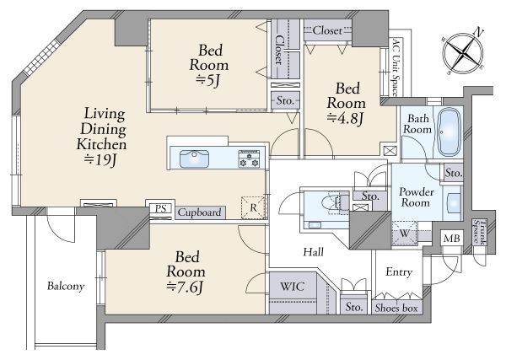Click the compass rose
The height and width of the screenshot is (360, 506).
[463, 51]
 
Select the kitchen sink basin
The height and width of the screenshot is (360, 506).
[194, 159]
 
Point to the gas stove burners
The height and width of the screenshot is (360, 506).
[249, 159]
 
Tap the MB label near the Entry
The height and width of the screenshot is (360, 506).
[451, 239]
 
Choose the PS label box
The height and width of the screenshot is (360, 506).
[160, 208]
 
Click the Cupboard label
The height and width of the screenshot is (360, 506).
[199, 212]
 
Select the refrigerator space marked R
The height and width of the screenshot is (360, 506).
[253, 207]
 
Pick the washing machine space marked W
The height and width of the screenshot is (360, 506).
[405, 233]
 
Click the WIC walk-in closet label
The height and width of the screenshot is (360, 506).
[292, 286]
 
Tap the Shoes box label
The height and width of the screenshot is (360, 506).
[396, 308]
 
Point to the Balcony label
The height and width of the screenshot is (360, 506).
[66, 286]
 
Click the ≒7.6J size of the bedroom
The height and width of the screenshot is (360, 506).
[185, 287]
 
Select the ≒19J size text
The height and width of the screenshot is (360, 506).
[100, 159]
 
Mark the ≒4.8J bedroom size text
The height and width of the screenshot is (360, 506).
[346, 118]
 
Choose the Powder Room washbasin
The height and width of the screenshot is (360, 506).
[453, 203]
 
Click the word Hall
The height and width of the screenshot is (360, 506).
[314, 252]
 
